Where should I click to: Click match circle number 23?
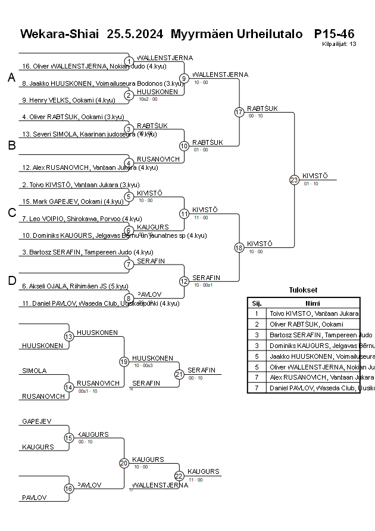pos(294,179)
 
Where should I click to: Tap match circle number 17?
pos(239,112)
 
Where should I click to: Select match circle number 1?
pos(129,61)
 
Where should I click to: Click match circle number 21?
pos(179,374)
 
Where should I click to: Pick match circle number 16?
pos(69,489)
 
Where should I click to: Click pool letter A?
pos(11,78)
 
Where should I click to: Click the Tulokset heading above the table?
pos(303,291)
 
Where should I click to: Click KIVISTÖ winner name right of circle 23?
pos(316,176)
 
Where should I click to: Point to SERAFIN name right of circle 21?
pos(201,371)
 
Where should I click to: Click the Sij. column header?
pos(257,302)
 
